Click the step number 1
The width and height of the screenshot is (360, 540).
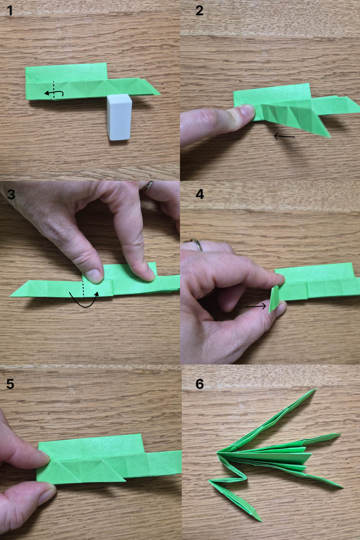[x=10, y=11]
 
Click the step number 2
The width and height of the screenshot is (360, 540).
[x=199, y=11]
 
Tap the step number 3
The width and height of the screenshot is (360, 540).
[x=11, y=194]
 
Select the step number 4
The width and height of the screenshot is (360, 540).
[x=200, y=194]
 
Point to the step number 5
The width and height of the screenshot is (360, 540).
[x=10, y=383]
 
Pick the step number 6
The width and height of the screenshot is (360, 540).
[x=200, y=383]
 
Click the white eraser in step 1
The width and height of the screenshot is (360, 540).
[x=119, y=117]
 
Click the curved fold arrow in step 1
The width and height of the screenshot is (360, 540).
[x=54, y=93]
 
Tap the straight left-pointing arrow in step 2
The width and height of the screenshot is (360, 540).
[x=284, y=136]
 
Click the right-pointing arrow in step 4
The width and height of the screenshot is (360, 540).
[x=256, y=306]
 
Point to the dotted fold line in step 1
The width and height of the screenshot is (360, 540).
[x=54, y=90]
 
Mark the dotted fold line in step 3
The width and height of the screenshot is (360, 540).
[x=83, y=289]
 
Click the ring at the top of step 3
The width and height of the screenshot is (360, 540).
[x=147, y=186]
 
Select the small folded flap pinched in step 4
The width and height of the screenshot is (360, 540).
[x=274, y=299]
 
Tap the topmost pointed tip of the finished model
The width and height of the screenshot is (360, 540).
[x=315, y=389]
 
